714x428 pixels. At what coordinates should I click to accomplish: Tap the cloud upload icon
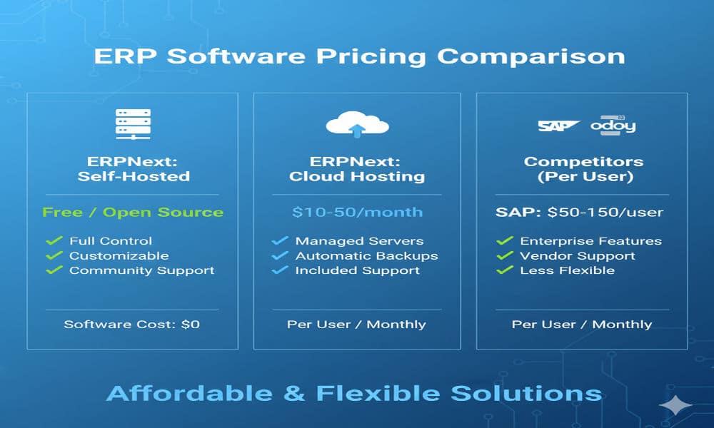(357, 125)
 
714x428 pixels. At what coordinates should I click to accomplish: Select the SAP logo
(558, 126)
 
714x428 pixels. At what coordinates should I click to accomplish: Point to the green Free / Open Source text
(133, 212)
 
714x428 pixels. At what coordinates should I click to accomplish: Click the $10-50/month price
(357, 212)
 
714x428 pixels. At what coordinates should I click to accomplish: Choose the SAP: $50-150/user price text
(579, 212)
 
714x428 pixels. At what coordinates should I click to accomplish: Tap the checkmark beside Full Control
(54, 241)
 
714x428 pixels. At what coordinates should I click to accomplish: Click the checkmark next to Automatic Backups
(280, 256)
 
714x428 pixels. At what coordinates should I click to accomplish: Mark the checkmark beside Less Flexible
(505, 270)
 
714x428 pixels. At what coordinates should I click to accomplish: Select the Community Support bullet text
(141, 270)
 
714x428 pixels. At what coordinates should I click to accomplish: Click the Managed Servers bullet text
(359, 241)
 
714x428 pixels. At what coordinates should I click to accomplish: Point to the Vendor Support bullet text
(577, 256)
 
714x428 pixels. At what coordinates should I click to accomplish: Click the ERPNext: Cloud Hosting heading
(357, 168)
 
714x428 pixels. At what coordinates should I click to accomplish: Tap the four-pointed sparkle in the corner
(675, 404)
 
